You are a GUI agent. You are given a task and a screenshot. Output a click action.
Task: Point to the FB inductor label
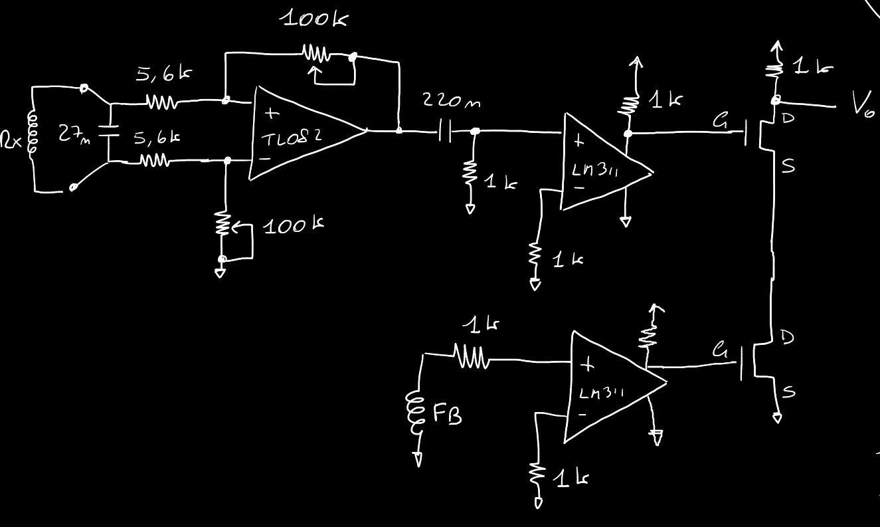click(x=448, y=415)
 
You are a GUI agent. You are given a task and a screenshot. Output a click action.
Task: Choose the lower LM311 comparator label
click(x=601, y=393)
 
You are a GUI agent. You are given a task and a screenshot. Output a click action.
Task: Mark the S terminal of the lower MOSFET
click(x=789, y=392)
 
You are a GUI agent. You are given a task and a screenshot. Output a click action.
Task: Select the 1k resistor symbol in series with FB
click(x=472, y=359)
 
